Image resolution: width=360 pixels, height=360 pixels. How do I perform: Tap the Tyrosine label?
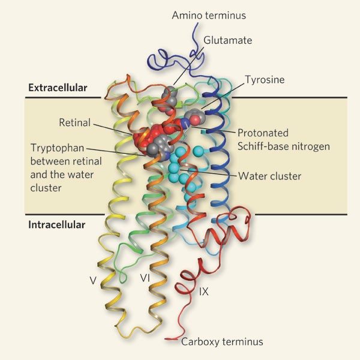(265, 79)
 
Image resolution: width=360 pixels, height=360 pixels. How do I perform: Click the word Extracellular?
(58, 88)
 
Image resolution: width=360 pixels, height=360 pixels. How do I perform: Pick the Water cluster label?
(270, 176)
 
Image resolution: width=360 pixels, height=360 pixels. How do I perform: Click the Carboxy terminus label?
(223, 342)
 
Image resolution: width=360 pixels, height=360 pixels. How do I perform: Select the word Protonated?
(263, 133)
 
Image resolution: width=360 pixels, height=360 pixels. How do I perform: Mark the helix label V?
(93, 279)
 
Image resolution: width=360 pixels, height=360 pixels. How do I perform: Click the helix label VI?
(145, 278)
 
